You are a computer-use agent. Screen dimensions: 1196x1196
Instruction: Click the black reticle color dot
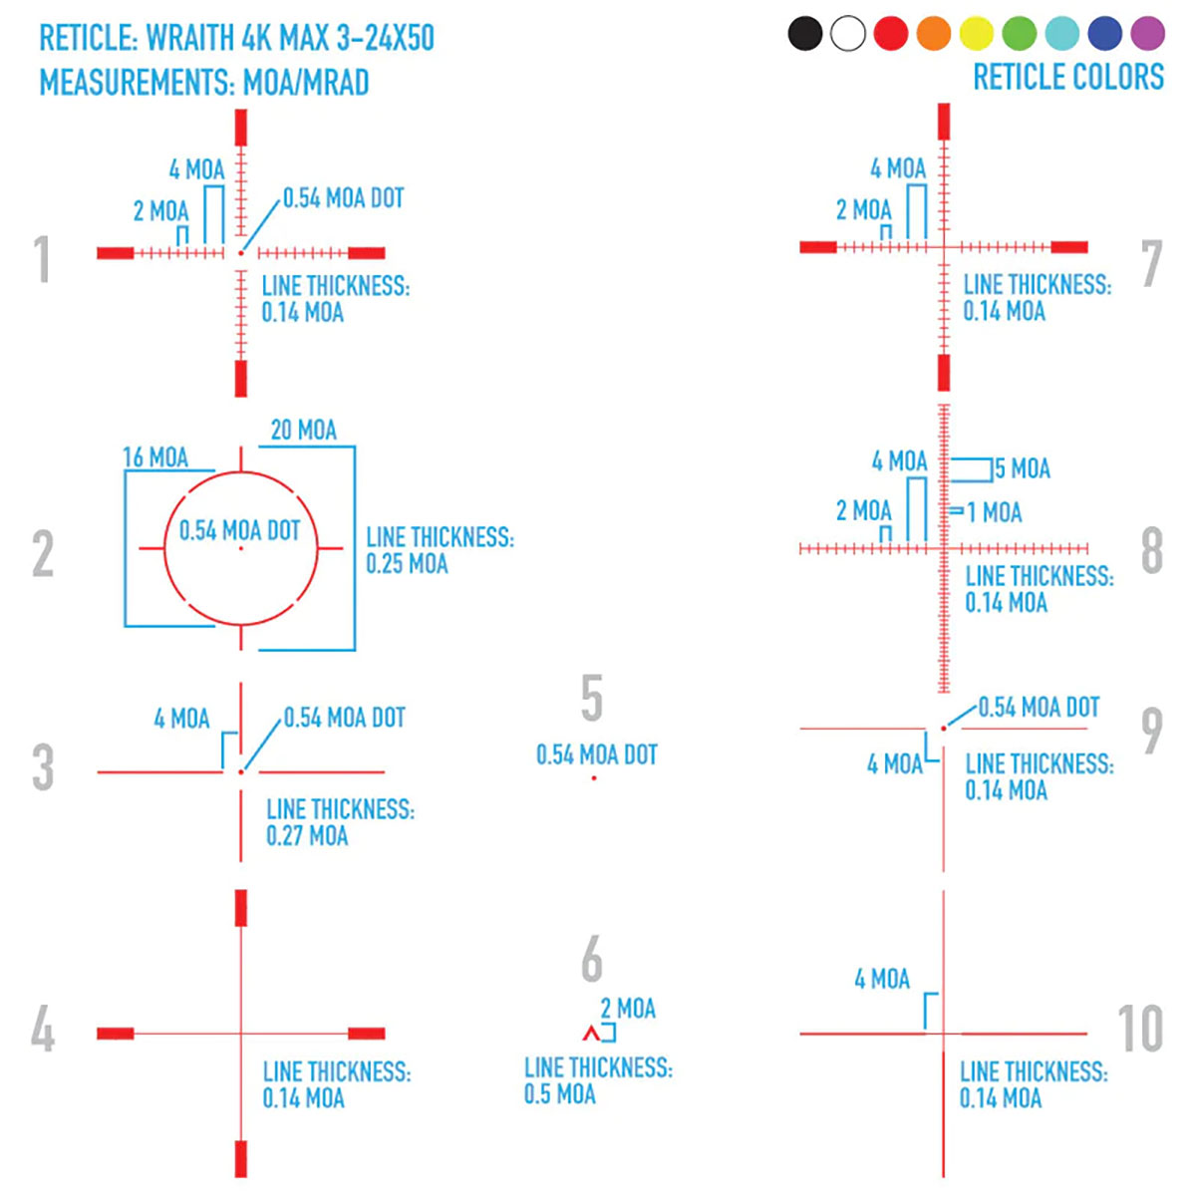click(x=805, y=33)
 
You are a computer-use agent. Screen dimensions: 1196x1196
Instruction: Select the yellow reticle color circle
click(x=977, y=33)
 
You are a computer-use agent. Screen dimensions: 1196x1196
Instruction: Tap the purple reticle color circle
click(x=1148, y=33)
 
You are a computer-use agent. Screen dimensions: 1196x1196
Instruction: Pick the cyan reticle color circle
click(x=1062, y=33)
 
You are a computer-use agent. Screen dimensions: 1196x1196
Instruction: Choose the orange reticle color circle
click(x=934, y=33)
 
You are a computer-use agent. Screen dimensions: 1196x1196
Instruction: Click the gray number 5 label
click(x=592, y=698)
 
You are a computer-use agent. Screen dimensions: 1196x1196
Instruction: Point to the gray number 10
click(x=1140, y=1029)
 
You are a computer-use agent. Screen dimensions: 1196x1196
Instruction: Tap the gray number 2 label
click(x=43, y=554)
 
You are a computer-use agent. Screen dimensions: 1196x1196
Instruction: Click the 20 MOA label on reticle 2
click(x=304, y=431)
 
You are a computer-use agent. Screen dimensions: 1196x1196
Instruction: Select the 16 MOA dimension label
click(x=155, y=457)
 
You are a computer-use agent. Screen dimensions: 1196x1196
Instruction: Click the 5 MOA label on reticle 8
click(x=1023, y=468)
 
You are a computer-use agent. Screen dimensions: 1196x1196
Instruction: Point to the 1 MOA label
click(x=995, y=513)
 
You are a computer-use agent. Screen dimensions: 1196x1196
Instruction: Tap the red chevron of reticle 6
click(x=591, y=1034)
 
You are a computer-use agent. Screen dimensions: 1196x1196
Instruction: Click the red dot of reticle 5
click(x=594, y=777)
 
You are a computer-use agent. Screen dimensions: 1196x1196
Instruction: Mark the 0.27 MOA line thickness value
click(x=307, y=836)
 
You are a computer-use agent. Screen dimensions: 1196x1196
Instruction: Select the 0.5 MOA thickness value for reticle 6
click(x=560, y=1094)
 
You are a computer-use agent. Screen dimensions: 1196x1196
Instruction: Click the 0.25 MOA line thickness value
click(x=407, y=564)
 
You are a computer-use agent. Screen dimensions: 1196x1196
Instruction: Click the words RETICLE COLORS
click(x=1068, y=77)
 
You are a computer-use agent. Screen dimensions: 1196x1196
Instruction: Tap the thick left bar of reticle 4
click(x=116, y=1034)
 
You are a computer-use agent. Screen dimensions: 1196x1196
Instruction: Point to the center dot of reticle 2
click(x=240, y=548)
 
